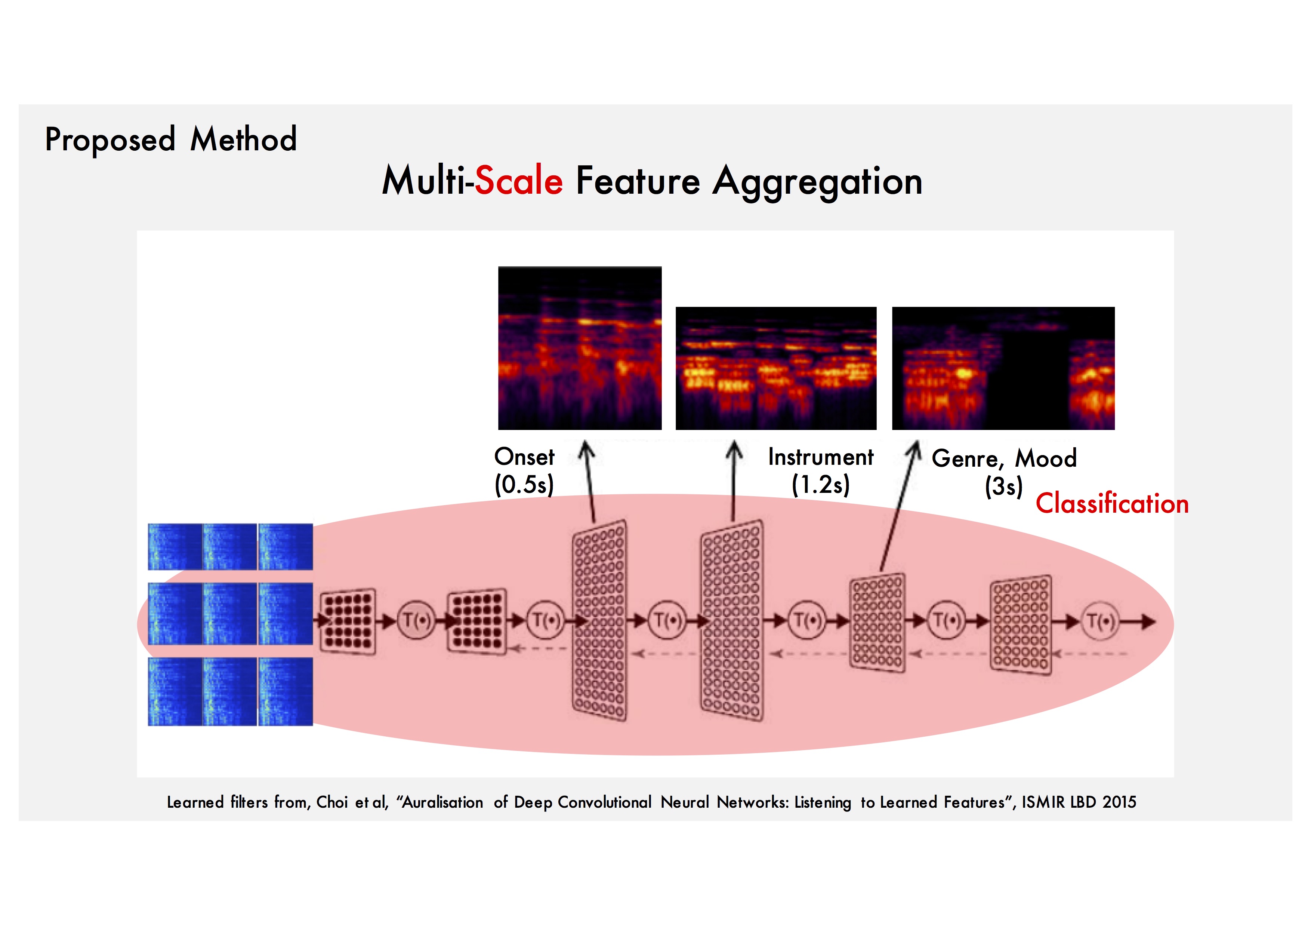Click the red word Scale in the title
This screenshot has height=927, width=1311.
pyautogui.click(x=518, y=181)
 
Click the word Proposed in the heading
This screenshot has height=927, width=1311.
pyautogui.click(x=109, y=140)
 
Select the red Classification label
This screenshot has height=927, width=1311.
pyautogui.click(x=1112, y=504)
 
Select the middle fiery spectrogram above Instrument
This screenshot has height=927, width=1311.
pyautogui.click(x=775, y=368)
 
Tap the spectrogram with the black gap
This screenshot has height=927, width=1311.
pyautogui.click(x=1003, y=368)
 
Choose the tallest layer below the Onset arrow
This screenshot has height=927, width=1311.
pyautogui.click(x=599, y=620)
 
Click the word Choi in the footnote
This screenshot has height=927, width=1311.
pyautogui.click(x=332, y=802)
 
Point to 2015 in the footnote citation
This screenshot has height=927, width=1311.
pyautogui.click(x=1119, y=802)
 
